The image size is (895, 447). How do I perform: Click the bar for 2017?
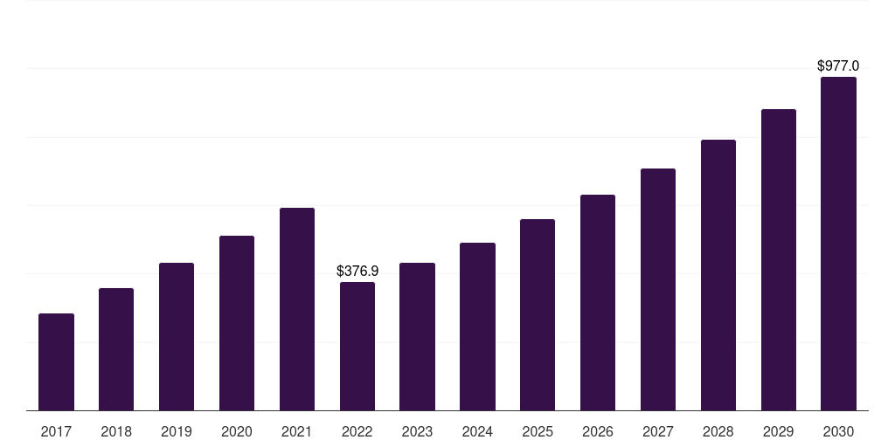(x=56, y=361)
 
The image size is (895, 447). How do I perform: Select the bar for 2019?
(x=177, y=336)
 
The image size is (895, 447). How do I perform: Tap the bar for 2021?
(x=297, y=309)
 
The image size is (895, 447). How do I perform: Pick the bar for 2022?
(x=357, y=346)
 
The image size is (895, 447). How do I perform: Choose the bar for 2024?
(x=477, y=327)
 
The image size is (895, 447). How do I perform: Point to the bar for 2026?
(x=598, y=302)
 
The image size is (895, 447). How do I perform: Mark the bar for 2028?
(x=718, y=275)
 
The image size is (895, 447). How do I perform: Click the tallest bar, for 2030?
(x=838, y=244)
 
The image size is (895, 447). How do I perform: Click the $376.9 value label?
(x=357, y=272)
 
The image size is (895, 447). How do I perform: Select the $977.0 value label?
(x=838, y=66)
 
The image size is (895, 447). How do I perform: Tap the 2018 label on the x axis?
(x=116, y=431)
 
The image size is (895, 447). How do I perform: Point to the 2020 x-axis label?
(x=237, y=431)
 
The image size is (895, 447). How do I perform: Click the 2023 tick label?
(x=417, y=431)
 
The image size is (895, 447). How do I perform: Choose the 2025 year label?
(x=538, y=431)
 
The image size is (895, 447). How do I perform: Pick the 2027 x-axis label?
(x=658, y=431)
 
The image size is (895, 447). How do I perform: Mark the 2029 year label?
(x=779, y=431)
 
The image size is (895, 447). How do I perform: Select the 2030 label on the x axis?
(x=838, y=431)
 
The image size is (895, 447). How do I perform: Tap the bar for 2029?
(x=779, y=259)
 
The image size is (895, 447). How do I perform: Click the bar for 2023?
(x=417, y=336)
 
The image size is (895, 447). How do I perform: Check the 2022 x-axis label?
(x=357, y=431)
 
